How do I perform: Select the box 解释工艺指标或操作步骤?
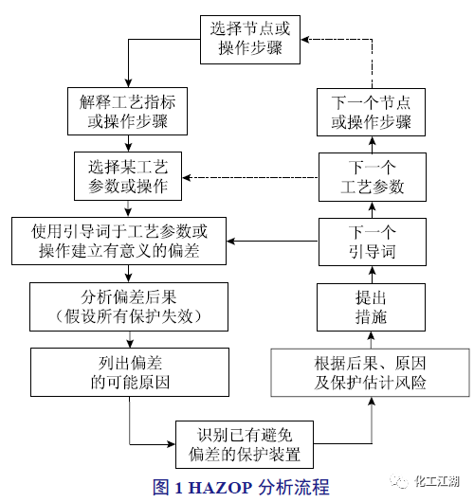pos(128,110)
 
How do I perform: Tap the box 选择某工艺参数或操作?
pos(128,176)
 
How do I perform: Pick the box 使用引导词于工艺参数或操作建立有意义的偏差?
pos(118,241)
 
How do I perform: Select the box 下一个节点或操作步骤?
pos(371,110)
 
